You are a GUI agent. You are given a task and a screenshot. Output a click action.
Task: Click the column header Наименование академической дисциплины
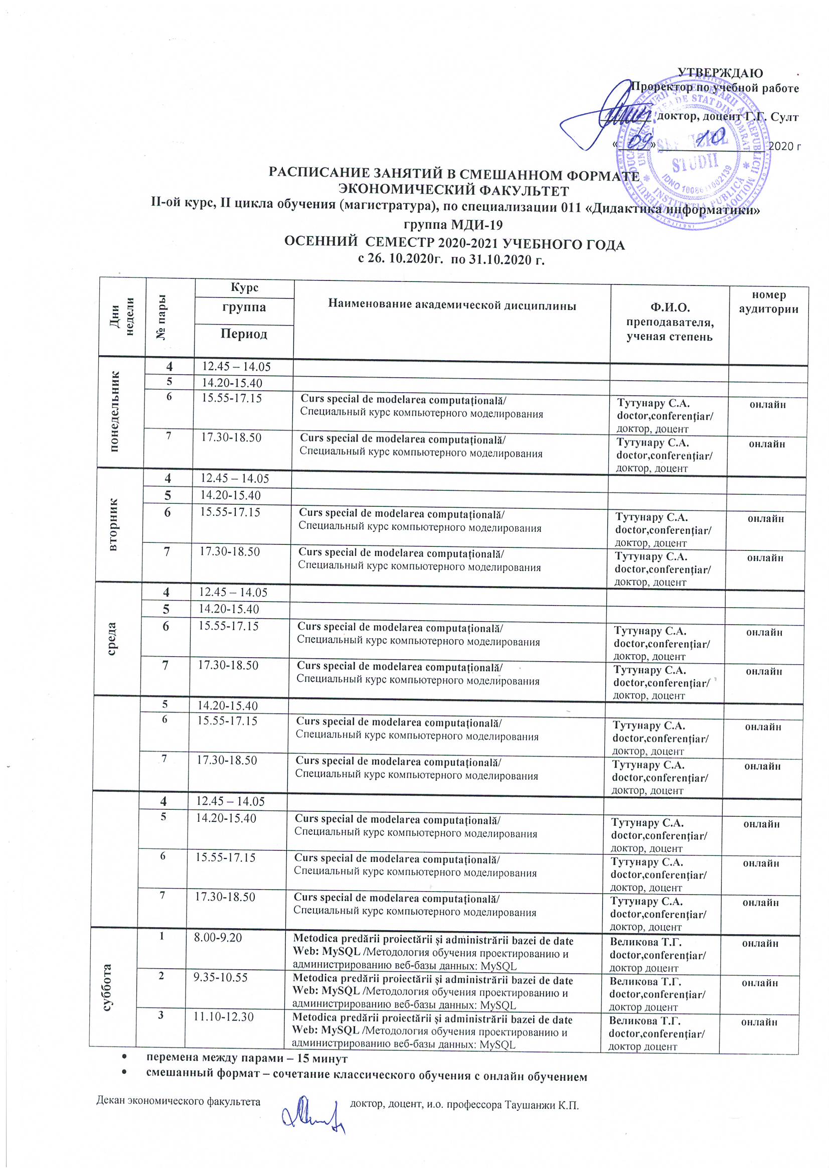(x=451, y=306)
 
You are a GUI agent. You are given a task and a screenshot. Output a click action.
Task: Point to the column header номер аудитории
(x=768, y=302)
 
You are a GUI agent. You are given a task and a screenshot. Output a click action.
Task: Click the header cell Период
(x=244, y=334)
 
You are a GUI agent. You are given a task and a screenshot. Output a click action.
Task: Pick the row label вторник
(x=113, y=524)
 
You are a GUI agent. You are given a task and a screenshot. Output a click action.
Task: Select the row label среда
(x=112, y=639)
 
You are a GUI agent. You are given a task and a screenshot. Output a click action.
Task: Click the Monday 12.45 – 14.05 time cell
(x=236, y=366)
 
